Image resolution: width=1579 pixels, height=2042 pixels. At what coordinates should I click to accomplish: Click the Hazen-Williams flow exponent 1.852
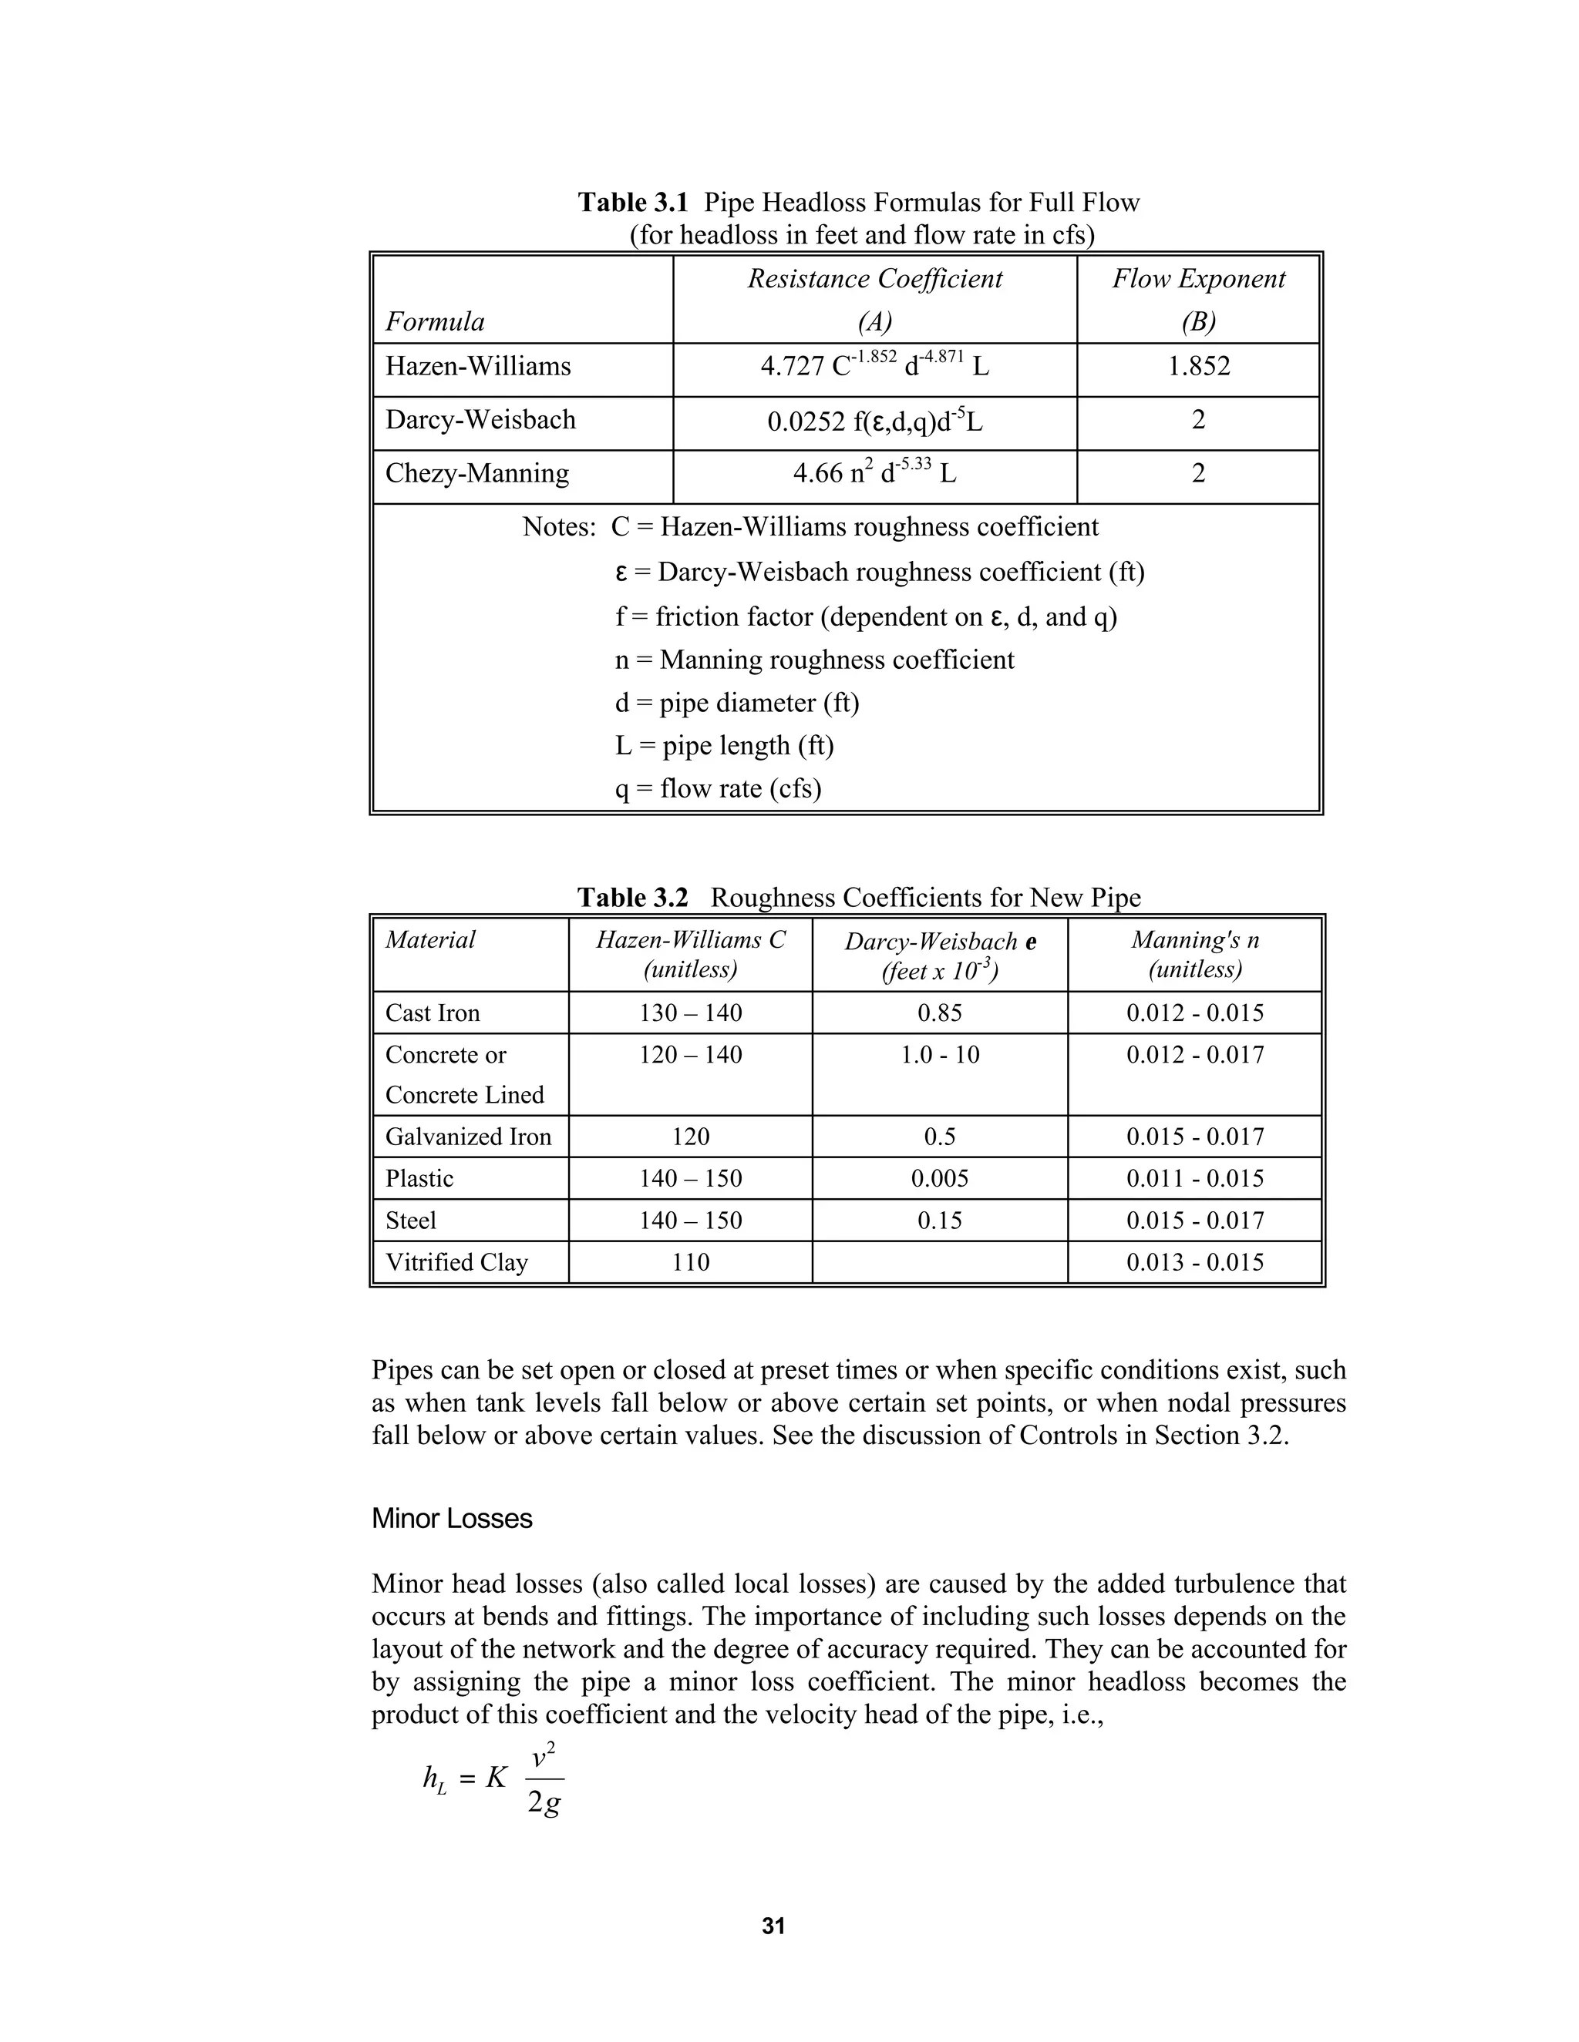tap(1198, 367)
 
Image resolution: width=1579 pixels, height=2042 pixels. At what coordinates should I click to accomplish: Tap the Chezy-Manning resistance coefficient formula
tap(874, 473)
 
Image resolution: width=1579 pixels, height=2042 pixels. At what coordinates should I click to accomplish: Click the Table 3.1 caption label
tap(633, 203)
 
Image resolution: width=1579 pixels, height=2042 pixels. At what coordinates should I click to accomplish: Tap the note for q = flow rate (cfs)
tap(718, 789)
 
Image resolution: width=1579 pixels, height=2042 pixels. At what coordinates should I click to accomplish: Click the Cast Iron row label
tap(433, 1013)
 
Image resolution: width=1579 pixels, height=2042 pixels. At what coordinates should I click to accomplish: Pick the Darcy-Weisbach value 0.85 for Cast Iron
tap(939, 1013)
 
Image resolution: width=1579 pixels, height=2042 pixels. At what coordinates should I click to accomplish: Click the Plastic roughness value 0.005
tap(939, 1179)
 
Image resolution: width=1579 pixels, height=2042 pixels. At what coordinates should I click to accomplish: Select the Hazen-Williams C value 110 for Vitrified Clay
tap(690, 1263)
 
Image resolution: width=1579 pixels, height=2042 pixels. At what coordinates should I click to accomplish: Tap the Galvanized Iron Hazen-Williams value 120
tap(690, 1137)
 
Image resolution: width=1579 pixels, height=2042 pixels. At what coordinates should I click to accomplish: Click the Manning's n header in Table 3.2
tap(1194, 954)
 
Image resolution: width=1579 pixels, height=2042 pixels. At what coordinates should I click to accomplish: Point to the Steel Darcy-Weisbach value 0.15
tap(939, 1221)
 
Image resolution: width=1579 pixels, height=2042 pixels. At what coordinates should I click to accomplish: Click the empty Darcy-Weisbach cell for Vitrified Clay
tap(939, 1263)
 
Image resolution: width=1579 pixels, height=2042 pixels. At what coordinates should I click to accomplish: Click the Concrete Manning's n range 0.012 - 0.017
tap(1194, 1056)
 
